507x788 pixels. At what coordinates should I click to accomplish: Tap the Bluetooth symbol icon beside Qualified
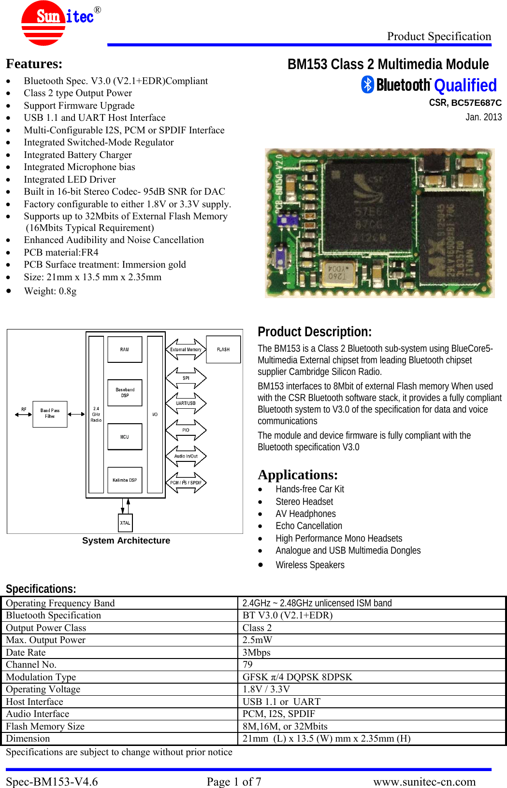point(368,85)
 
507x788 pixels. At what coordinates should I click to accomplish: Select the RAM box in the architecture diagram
point(125,349)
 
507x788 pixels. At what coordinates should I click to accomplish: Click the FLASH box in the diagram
point(223,349)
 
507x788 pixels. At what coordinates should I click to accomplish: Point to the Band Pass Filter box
point(50,414)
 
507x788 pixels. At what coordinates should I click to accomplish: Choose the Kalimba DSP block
point(125,480)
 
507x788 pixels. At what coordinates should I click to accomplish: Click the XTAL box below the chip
point(125,523)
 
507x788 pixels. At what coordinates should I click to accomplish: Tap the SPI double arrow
point(186,378)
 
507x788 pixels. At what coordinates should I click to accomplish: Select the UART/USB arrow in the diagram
point(186,403)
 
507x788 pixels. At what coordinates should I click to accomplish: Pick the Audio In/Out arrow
point(186,456)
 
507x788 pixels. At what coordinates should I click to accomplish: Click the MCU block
point(125,437)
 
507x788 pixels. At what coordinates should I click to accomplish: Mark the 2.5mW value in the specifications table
point(258,640)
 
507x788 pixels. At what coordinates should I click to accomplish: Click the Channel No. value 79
point(248,664)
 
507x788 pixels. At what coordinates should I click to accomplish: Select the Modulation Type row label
point(41,677)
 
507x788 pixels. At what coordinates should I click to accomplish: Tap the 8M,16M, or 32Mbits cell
point(285,726)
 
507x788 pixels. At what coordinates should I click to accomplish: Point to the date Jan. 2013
point(484,117)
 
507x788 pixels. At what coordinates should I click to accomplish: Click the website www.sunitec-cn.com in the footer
point(424,781)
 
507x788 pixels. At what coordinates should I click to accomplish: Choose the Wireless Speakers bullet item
point(310,565)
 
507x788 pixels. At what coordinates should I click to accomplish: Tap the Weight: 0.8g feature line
point(50,291)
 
